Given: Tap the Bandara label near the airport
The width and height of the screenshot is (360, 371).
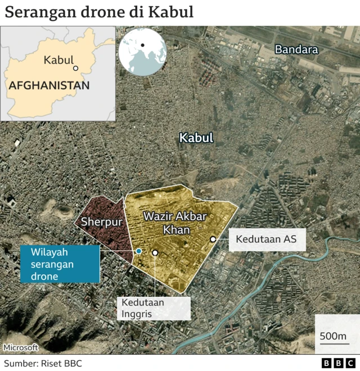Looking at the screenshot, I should pos(296,49).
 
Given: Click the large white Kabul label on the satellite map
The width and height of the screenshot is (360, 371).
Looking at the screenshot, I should pos(196,138).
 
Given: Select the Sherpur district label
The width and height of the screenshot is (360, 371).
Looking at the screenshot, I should pos(102,221).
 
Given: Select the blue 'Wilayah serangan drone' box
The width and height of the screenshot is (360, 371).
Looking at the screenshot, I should pos(60,264).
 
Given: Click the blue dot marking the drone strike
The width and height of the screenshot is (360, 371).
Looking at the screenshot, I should pos(138,251).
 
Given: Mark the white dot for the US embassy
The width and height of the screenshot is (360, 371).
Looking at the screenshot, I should pos(213,239).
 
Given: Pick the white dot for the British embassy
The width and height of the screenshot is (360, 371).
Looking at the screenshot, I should pos(155,253).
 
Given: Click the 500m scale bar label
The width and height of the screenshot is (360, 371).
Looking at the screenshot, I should pos(334,337).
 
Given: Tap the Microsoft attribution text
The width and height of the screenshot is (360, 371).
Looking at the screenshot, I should pos(21,347).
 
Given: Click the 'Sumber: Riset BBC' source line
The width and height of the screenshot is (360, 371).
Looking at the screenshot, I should pos(43,363).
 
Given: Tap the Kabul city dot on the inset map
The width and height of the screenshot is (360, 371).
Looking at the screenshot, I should pos(75,69).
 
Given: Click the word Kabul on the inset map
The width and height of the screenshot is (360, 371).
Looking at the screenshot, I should pos(58,60).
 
